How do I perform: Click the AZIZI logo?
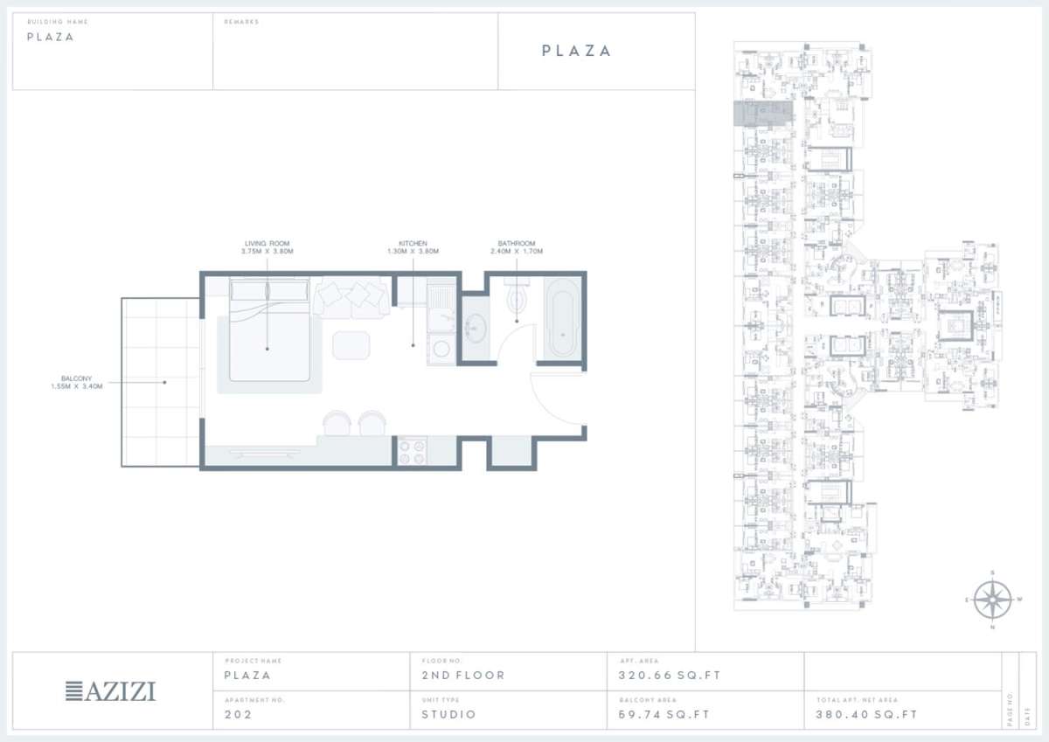pyautogui.click(x=111, y=691)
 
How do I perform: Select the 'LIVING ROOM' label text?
pyautogui.click(x=267, y=244)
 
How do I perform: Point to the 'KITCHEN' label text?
pyautogui.click(x=413, y=244)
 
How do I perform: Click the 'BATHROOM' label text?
pyautogui.click(x=516, y=244)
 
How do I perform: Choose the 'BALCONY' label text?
pyautogui.click(x=76, y=378)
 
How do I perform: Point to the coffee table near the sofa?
pyautogui.click(x=351, y=343)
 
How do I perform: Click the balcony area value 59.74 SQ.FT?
pyautogui.click(x=658, y=715)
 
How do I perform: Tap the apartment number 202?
pyautogui.click(x=239, y=715)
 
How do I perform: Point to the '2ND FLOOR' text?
pyautogui.click(x=463, y=676)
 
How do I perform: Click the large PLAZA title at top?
pyautogui.click(x=576, y=51)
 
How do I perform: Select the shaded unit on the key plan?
pyautogui.click(x=761, y=114)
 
